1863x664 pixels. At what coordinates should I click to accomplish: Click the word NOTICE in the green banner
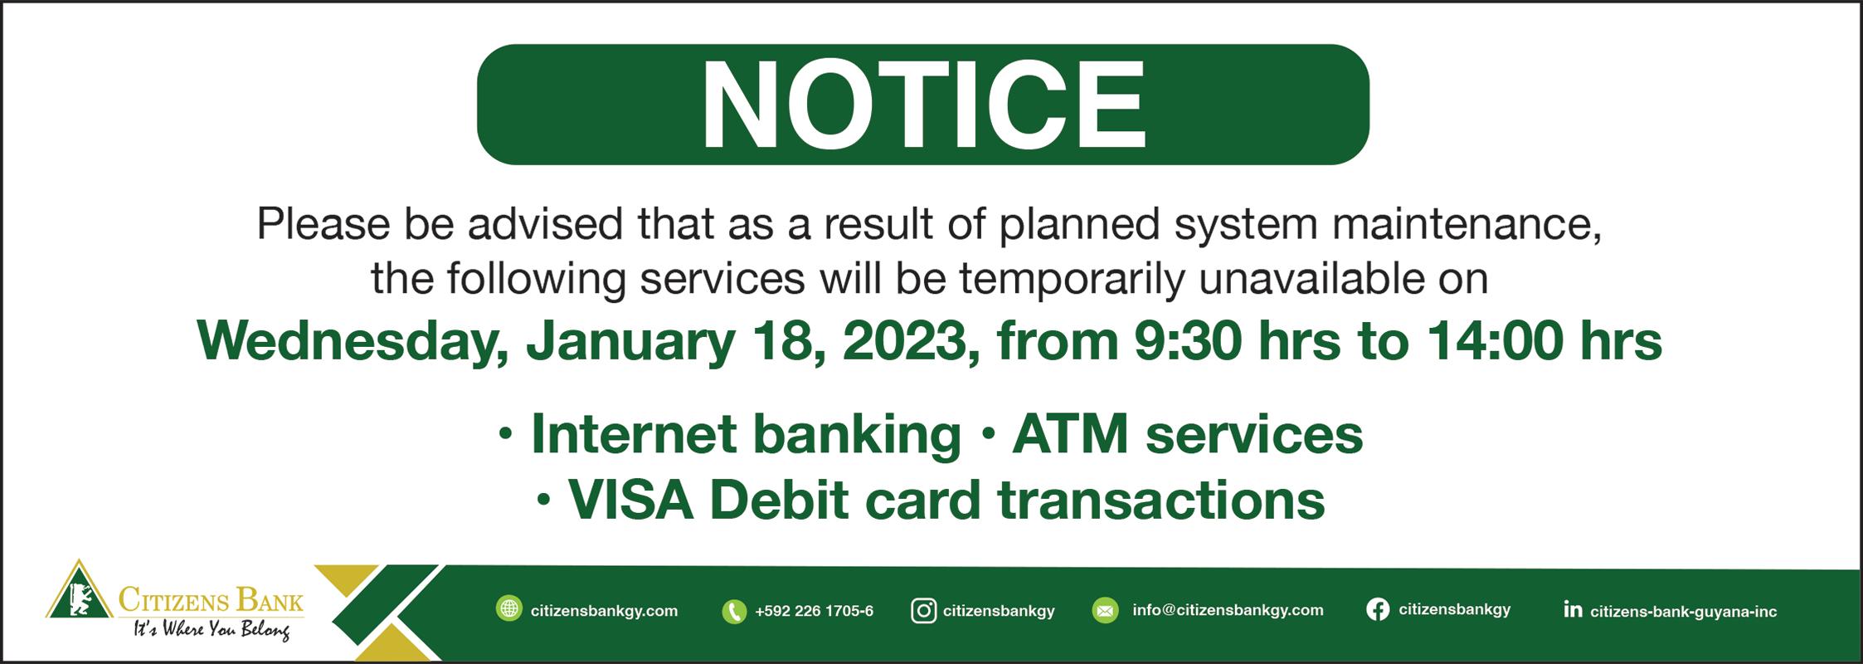coord(922,105)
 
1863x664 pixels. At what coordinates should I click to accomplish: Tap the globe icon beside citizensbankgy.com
coord(508,609)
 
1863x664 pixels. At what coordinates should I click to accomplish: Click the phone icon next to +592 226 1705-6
coord(734,612)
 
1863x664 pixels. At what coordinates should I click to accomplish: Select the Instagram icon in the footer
coord(923,611)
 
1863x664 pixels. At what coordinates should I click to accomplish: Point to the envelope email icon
coord(1106,611)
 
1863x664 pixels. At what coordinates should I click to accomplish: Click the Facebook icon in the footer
coord(1377,610)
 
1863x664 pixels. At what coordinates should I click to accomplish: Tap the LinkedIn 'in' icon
coord(1572,610)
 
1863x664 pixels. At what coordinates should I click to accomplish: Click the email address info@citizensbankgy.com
coord(1228,611)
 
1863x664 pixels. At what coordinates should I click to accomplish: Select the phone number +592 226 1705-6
coord(814,612)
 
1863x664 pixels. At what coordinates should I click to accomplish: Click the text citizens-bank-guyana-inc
coord(1683,613)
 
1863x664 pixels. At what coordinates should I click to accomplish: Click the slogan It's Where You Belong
coord(212,631)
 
